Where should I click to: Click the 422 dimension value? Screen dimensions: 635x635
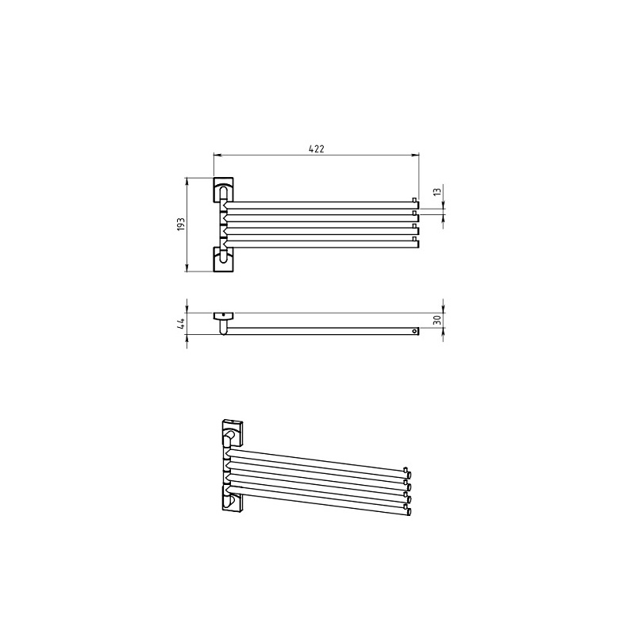(x=316, y=148)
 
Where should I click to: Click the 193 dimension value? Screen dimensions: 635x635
(x=181, y=225)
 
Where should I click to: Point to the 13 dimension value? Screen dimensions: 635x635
(x=437, y=191)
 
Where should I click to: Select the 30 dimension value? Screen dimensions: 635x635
(x=437, y=321)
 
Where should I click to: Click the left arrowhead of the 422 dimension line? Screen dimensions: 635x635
(x=217, y=154)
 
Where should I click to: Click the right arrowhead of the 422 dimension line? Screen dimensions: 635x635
(x=416, y=154)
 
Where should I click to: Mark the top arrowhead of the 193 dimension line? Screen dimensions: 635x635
(x=187, y=181)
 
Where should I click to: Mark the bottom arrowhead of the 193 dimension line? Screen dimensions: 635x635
(x=187, y=268)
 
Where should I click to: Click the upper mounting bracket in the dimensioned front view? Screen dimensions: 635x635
(x=223, y=190)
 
